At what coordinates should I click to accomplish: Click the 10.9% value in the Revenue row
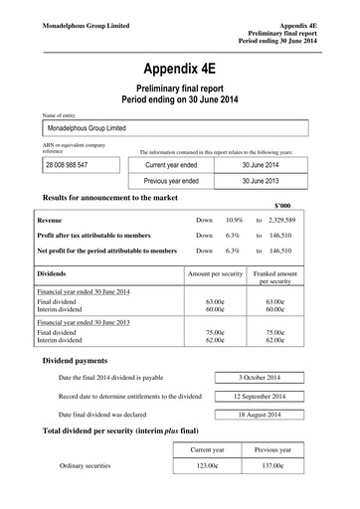coord(234,218)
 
